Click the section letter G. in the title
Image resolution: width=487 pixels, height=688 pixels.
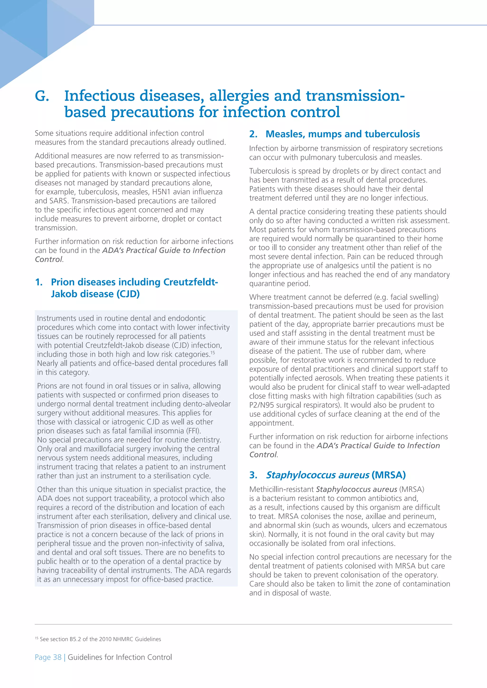tap(42, 96)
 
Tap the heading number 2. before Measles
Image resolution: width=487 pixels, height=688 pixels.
tap(253, 134)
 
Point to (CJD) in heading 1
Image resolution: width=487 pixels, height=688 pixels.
tap(128, 294)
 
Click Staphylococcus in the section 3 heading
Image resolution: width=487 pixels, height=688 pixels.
tap(317, 475)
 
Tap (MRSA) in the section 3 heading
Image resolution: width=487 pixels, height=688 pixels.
tap(388, 475)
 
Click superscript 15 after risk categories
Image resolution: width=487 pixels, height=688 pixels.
tap(212, 353)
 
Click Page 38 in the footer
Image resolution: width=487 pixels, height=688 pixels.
tap(48, 657)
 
